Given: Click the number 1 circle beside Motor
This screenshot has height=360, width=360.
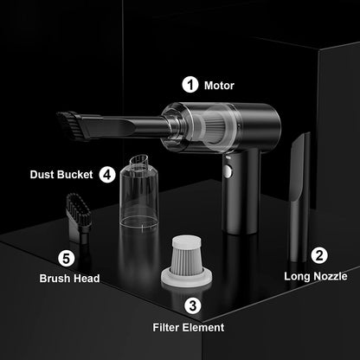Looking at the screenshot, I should click(x=190, y=85).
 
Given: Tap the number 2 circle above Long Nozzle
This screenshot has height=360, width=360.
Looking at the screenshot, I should click(x=319, y=255).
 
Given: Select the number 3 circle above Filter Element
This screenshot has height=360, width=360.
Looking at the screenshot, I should click(x=193, y=305).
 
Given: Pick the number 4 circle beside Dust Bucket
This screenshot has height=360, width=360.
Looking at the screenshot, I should click(x=107, y=173).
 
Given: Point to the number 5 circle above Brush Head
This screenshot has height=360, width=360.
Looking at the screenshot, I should click(x=67, y=257).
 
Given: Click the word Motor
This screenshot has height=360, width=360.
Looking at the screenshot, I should click(x=219, y=86).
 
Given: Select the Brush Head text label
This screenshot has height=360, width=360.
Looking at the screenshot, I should click(x=69, y=279).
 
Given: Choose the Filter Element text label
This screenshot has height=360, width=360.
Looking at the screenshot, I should click(x=190, y=327).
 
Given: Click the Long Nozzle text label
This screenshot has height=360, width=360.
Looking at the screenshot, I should click(x=316, y=277).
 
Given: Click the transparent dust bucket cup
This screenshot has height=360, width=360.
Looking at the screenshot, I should click(x=138, y=195).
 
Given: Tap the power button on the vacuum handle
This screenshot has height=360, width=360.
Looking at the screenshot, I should click(x=228, y=170).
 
